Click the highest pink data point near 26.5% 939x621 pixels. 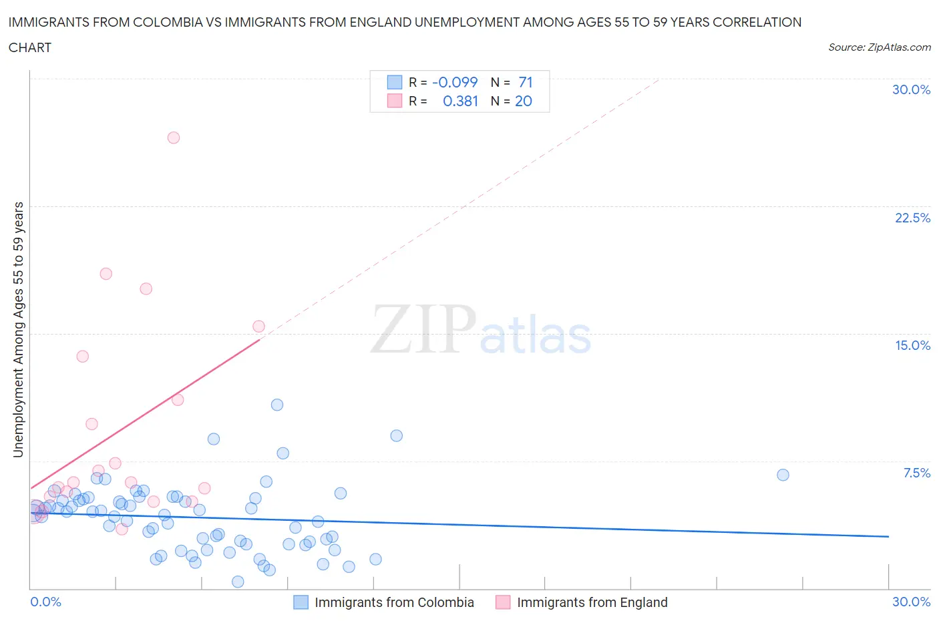click(x=174, y=138)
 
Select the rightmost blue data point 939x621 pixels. click(x=783, y=475)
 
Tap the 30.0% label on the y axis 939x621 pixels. click(x=911, y=89)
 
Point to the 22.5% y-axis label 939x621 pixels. click(x=912, y=218)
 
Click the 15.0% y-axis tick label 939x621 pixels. click(x=912, y=345)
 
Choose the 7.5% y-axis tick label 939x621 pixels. click(x=916, y=473)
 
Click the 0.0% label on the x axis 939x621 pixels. click(x=45, y=602)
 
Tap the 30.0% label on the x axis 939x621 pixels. click(x=911, y=602)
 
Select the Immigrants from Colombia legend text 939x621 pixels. click(x=394, y=602)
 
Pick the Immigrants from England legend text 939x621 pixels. click(x=592, y=602)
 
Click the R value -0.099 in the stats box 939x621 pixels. click(x=455, y=82)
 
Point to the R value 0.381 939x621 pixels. click(x=460, y=101)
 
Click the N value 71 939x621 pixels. click(x=526, y=82)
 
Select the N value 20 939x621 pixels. click(x=524, y=101)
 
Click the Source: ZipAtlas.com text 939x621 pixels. click(x=879, y=47)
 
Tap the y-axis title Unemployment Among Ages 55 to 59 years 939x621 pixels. click(x=19, y=329)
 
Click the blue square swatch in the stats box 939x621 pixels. click(x=395, y=82)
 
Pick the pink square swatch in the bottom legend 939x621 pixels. click(x=503, y=602)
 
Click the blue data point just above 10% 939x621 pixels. click(x=277, y=405)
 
